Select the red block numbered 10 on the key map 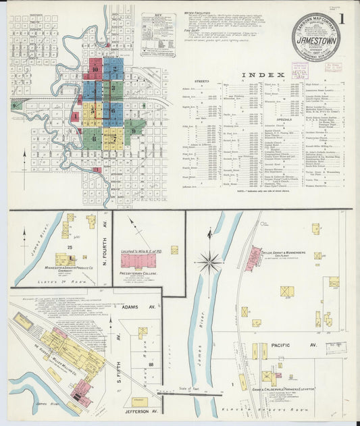coord(96,69)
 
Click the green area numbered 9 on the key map coord(134,130)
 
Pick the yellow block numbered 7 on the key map coord(113,138)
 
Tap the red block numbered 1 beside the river coord(75,116)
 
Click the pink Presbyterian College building coord(138,259)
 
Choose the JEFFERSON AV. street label coord(138,410)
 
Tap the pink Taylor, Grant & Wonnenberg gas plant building coord(253,259)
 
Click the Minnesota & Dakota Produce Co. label coord(66,272)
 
